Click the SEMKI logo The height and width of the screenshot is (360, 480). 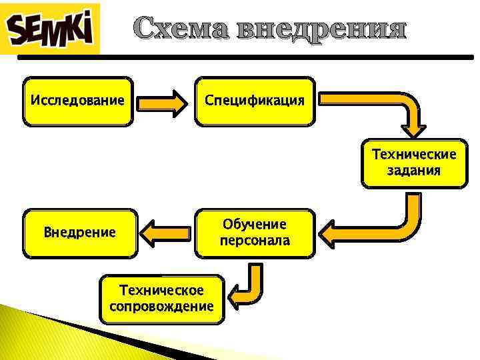50,29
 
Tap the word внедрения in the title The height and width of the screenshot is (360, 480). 321,29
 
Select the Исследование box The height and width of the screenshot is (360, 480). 77,101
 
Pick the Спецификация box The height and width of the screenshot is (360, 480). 255,101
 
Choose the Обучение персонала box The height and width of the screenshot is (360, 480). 255,233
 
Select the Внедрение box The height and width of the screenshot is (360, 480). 80,233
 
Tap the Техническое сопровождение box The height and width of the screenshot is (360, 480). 162,299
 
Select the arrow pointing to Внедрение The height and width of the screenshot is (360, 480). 167,233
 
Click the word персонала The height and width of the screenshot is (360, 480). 255,241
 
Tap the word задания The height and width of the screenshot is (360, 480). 414,171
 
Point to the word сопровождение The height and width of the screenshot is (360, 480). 162,307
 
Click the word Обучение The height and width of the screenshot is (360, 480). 255,225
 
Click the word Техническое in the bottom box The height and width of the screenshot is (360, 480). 162,290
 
